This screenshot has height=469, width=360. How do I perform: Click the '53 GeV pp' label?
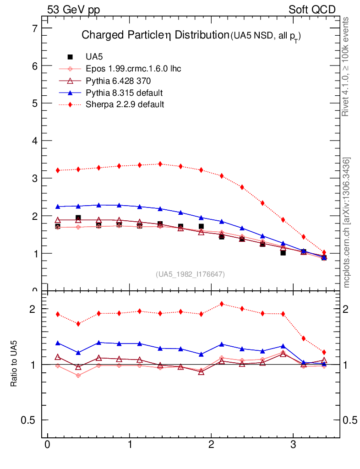pyautogui.click(x=73, y=10)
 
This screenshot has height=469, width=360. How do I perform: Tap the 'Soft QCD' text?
pyautogui.click(x=312, y=10)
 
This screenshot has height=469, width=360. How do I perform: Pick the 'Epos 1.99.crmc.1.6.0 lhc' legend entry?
pyautogui.click(x=133, y=69)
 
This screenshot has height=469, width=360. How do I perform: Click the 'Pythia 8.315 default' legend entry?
pyautogui.click(x=124, y=93)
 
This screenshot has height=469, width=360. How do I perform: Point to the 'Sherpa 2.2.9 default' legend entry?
pyautogui.click(x=125, y=104)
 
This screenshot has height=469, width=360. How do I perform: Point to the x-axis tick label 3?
pyautogui.click(x=292, y=445)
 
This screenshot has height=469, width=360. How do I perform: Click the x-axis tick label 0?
pyautogui.click(x=47, y=445)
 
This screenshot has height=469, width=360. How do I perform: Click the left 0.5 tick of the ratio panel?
pyautogui.click(x=28, y=420)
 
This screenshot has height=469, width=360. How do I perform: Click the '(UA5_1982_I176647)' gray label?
pyautogui.click(x=191, y=274)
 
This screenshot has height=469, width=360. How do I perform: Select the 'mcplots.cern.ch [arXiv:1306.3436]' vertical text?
pyautogui.click(x=347, y=223)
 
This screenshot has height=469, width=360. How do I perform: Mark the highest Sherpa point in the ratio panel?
pyautogui.click(x=222, y=304)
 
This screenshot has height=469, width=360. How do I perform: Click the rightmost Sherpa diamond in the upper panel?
pyautogui.click(x=324, y=252)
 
